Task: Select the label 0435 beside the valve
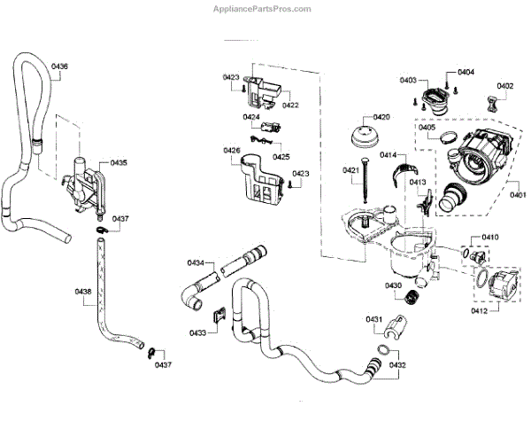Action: click(119, 163)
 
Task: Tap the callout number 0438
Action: click(83, 291)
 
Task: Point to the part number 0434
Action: click(196, 262)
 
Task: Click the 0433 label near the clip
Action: click(197, 332)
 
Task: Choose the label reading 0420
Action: click(381, 117)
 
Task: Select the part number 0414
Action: click(389, 155)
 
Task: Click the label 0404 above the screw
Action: click(466, 72)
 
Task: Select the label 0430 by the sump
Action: click(393, 285)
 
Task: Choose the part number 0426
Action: click(231, 151)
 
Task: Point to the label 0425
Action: click(281, 156)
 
